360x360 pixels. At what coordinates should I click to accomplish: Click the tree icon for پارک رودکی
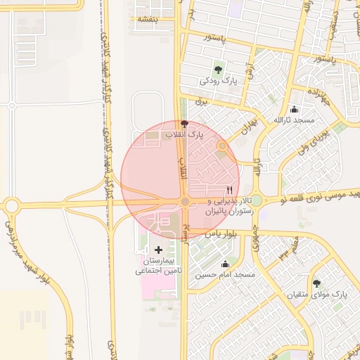pyautogui.click(x=219, y=70)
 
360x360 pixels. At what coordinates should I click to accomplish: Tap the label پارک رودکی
pyautogui.click(x=219, y=82)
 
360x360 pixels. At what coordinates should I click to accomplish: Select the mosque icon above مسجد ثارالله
pyautogui.click(x=294, y=110)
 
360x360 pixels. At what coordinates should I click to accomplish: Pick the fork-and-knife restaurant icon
pyautogui.click(x=229, y=191)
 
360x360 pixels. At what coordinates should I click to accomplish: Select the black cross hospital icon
pyautogui.click(x=158, y=250)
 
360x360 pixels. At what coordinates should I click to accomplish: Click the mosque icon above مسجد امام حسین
pyautogui.click(x=225, y=264)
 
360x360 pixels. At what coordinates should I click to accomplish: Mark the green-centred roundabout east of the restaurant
pyautogui.click(x=257, y=200)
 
